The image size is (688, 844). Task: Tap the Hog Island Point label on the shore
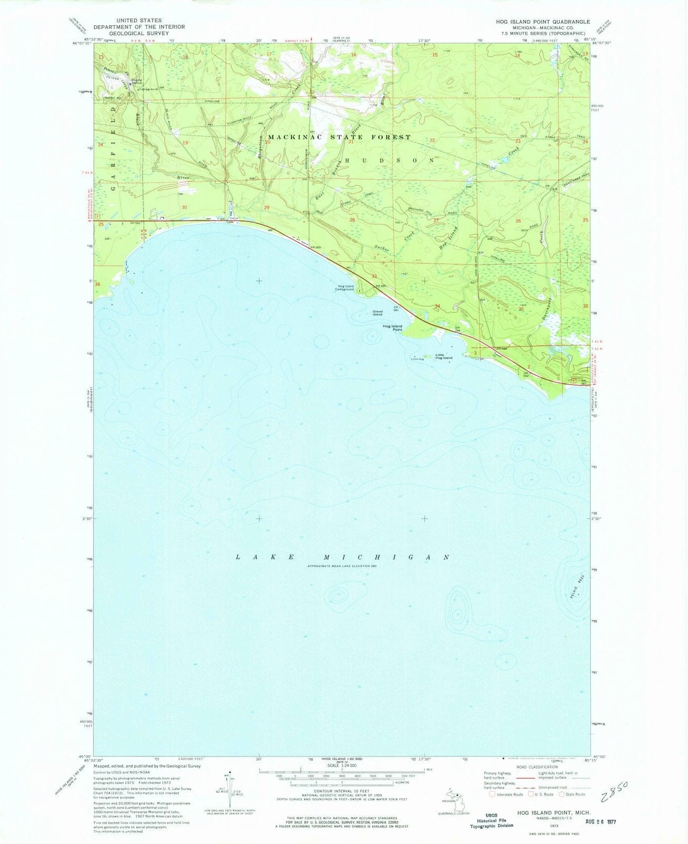393,328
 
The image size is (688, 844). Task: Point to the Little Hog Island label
443,356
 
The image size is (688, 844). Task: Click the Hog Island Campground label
346,289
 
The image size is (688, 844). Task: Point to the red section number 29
266,208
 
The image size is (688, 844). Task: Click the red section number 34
437,306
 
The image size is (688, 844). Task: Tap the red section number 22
432,140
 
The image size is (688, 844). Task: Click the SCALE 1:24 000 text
343,765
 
